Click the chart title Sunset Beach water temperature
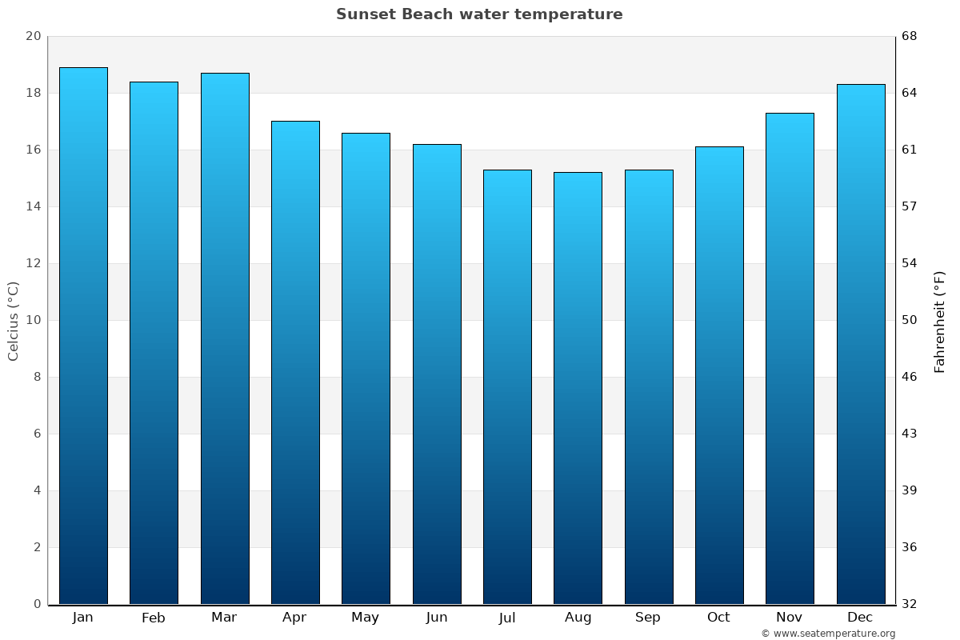[479, 14]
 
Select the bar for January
[83, 336]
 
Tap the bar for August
[578, 388]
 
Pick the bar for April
[295, 362]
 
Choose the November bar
[790, 358]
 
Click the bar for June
[437, 374]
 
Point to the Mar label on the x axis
[224, 618]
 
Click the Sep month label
[648, 618]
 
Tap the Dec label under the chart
[860, 618]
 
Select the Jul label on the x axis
[507, 618]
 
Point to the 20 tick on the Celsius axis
[33, 36]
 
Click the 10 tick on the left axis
[33, 320]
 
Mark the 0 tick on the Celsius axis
[37, 604]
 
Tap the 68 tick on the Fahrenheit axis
[910, 36]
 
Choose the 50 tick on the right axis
[910, 320]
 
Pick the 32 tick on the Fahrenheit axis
[910, 604]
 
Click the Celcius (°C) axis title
[13, 321]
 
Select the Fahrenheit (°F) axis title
[940, 321]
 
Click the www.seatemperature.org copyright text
[828, 634]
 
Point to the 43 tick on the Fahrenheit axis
[910, 434]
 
